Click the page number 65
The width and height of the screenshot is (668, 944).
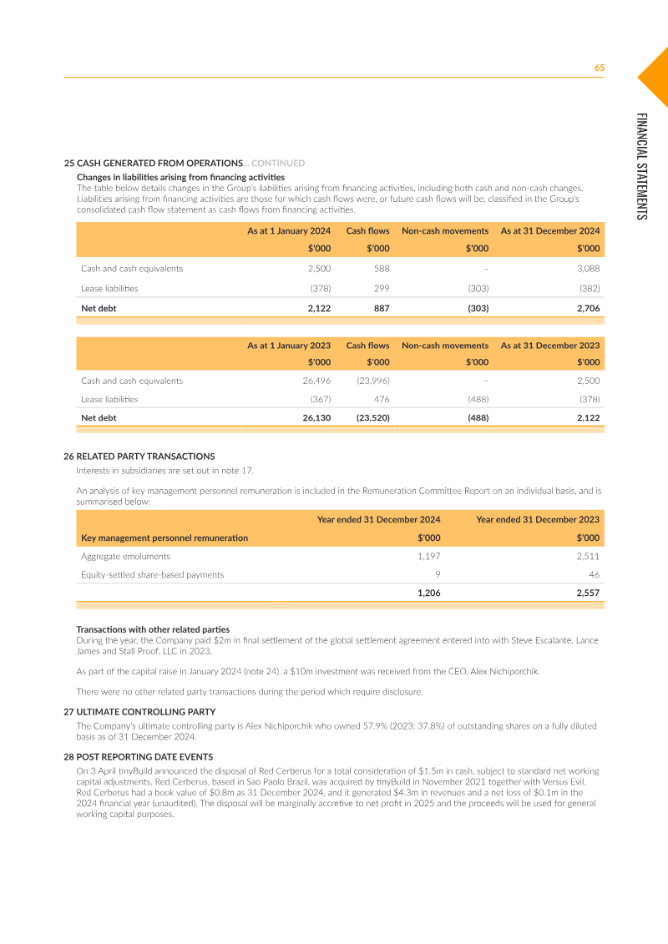pyautogui.click(x=599, y=68)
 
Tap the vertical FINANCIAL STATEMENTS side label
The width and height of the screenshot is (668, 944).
pyautogui.click(x=641, y=166)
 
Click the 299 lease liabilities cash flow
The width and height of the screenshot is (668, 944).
pyautogui.click(x=381, y=288)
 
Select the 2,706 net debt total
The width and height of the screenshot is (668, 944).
pyautogui.click(x=587, y=308)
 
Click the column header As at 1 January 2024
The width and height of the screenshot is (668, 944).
pyautogui.click(x=288, y=230)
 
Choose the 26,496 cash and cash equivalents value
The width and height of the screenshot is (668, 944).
pyautogui.click(x=316, y=381)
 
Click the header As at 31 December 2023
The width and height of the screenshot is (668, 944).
pyautogui.click(x=549, y=346)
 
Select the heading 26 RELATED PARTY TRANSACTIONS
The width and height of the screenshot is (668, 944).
pyautogui.click(x=139, y=457)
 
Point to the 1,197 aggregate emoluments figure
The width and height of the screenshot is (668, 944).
pyautogui.click(x=428, y=556)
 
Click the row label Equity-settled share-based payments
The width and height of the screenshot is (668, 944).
pyautogui.click(x=152, y=574)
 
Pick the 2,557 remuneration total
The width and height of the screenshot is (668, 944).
pyautogui.click(x=586, y=593)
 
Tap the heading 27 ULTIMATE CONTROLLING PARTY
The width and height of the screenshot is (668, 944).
pyautogui.click(x=139, y=712)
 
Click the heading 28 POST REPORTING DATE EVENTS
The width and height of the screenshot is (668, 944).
pyautogui.click(x=138, y=756)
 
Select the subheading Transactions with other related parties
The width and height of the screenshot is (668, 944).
pyautogui.click(x=153, y=629)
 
